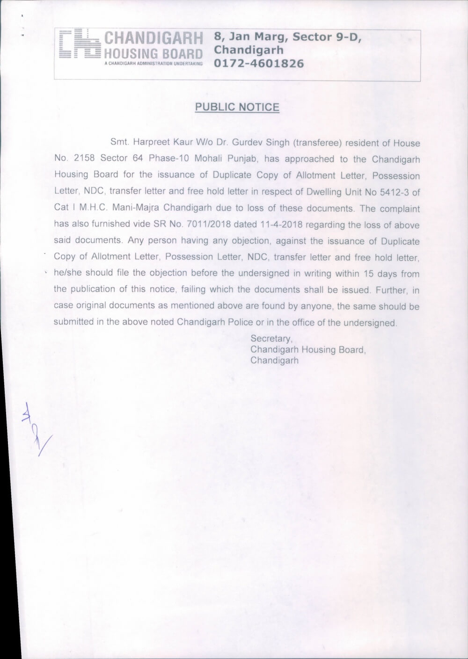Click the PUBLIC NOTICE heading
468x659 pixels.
point(237,107)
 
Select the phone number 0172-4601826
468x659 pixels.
point(259,63)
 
